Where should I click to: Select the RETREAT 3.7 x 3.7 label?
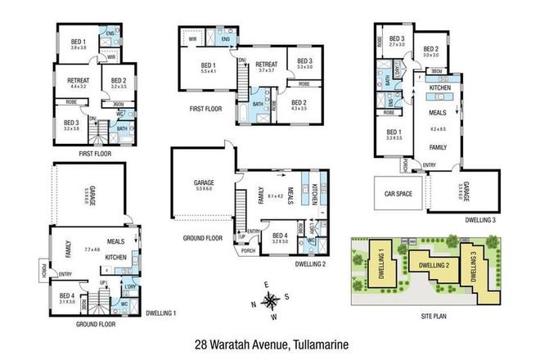coord(268,67)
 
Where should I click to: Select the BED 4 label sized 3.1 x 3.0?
coord(67,299)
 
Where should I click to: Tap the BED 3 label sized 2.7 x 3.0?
coord(397,42)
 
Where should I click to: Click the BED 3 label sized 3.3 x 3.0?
coord(304,64)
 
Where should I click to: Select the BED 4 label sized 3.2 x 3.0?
coord(279,217)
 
